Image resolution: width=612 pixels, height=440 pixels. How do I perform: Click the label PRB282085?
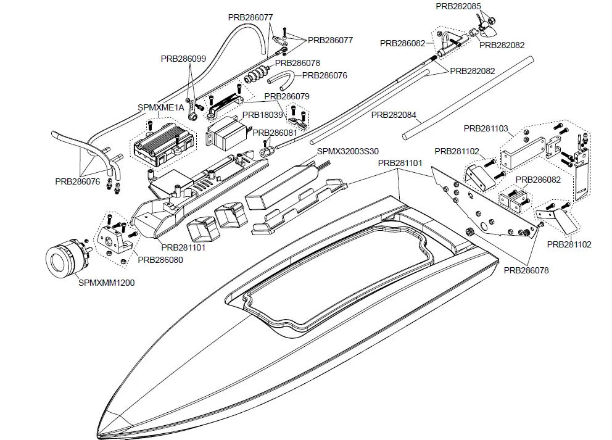(458, 6)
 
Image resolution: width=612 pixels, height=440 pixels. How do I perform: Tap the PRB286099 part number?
(183, 59)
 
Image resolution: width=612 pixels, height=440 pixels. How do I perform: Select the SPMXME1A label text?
(161, 107)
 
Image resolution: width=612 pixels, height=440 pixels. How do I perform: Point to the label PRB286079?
(287, 96)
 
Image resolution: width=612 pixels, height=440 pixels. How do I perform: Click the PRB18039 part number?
(262, 115)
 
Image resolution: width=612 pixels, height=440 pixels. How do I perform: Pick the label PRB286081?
(275, 133)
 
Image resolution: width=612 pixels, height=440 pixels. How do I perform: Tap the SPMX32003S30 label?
(347, 151)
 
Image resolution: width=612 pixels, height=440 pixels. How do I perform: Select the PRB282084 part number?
(394, 115)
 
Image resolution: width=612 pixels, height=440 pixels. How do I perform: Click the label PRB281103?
(486, 128)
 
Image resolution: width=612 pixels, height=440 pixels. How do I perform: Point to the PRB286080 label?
(160, 260)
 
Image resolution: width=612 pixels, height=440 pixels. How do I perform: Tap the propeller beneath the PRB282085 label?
(492, 24)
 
